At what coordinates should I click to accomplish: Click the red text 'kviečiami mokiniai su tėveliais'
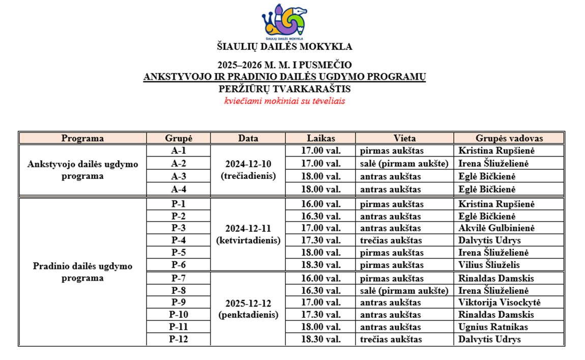(285, 101)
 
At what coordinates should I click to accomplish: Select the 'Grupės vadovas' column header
(509, 138)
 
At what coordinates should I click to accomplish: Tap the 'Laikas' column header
(320, 138)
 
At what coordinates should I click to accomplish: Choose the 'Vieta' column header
(404, 138)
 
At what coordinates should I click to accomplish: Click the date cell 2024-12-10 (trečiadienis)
(248, 170)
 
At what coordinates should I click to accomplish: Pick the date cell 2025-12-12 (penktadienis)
(248, 309)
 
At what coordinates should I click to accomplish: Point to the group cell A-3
(179, 176)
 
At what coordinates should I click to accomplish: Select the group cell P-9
(179, 303)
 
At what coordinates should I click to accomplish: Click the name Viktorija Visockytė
(499, 303)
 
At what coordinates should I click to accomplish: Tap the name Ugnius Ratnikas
(493, 327)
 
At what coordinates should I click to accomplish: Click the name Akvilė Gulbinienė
(496, 228)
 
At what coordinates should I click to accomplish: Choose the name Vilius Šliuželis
(489, 265)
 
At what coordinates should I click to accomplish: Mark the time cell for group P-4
(320, 241)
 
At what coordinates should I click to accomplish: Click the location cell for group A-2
(404, 163)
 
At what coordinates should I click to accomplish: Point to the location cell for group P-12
(392, 340)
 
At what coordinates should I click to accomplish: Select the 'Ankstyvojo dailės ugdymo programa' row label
(83, 170)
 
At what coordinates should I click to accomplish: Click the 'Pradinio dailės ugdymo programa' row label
(83, 272)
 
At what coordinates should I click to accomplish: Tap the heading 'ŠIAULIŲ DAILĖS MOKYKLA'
(284, 47)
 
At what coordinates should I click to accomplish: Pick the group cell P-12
(179, 340)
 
